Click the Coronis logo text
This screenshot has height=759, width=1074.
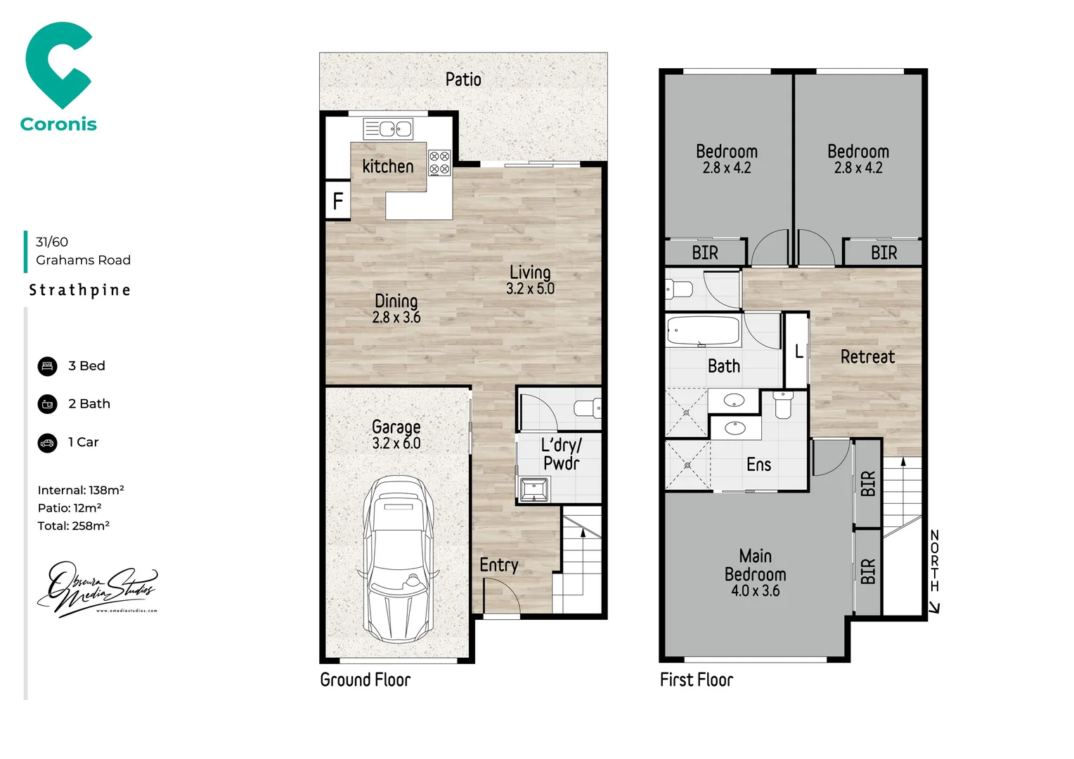58,124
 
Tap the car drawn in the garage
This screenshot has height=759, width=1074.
396,559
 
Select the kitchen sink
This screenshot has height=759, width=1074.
387,129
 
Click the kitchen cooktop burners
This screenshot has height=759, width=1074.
439,163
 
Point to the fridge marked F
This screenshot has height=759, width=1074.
338,201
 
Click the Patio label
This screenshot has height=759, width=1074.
463,79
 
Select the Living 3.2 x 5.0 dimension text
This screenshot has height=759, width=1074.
530,289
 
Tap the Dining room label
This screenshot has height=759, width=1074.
396,301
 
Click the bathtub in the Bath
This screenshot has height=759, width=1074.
703,331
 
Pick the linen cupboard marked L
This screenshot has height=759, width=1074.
798,351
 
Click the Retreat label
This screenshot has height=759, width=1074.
867,357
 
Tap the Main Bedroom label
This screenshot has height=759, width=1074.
755,565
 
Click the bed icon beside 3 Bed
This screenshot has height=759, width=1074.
47,366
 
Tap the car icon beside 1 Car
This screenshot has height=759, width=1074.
47,443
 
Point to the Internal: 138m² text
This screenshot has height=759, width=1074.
81,491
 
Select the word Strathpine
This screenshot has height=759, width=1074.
79,290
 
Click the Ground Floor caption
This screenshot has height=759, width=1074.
365,680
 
